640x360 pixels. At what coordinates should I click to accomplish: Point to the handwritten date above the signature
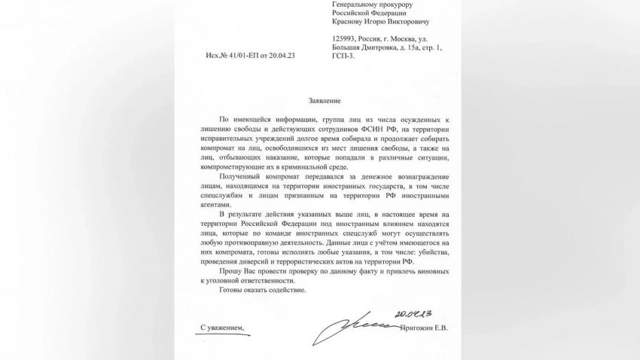tap(412, 313)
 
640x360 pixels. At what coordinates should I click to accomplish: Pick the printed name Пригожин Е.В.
tap(423, 328)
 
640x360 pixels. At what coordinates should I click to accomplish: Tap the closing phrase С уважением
tap(222, 328)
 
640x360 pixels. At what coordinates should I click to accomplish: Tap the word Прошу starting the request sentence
tap(232, 270)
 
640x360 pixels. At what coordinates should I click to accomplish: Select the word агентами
tap(216, 202)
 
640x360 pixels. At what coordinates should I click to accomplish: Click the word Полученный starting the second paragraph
tap(241, 172)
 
